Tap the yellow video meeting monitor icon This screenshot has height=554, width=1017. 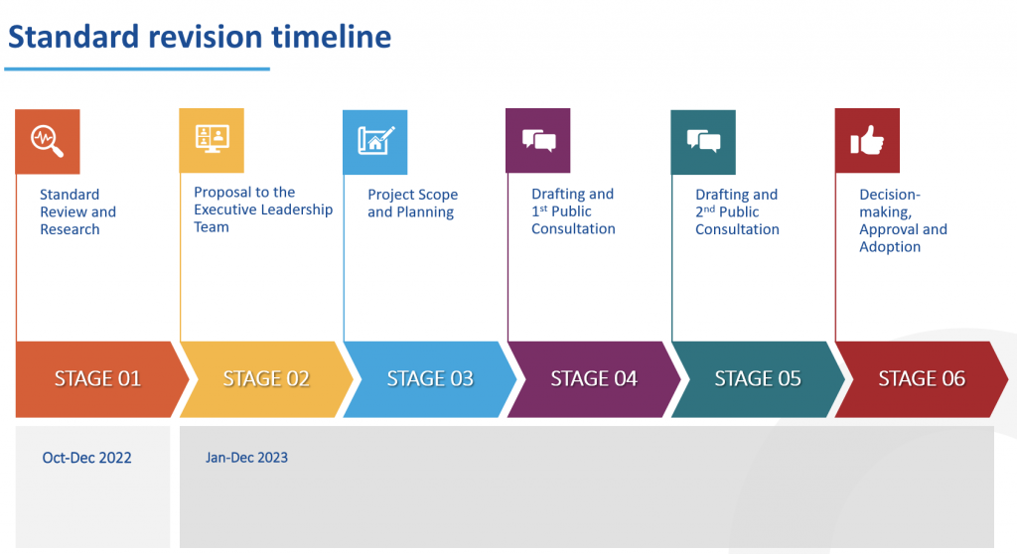212,140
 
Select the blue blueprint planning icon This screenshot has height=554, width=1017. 374,142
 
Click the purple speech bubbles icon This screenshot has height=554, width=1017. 537,141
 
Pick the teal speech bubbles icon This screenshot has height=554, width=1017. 703,142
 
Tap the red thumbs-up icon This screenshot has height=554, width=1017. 867,141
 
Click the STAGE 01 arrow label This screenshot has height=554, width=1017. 97,379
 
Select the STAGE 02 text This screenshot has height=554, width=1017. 266,379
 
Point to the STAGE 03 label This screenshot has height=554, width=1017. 430,379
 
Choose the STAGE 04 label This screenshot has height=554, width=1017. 594,379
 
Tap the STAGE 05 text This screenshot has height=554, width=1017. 758,379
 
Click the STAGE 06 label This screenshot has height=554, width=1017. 922,379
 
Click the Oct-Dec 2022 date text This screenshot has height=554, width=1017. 87,458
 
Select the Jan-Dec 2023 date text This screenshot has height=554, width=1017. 246,458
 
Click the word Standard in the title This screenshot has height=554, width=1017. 73,37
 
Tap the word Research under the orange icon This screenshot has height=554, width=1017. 71,229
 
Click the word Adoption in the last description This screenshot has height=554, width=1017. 890,247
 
